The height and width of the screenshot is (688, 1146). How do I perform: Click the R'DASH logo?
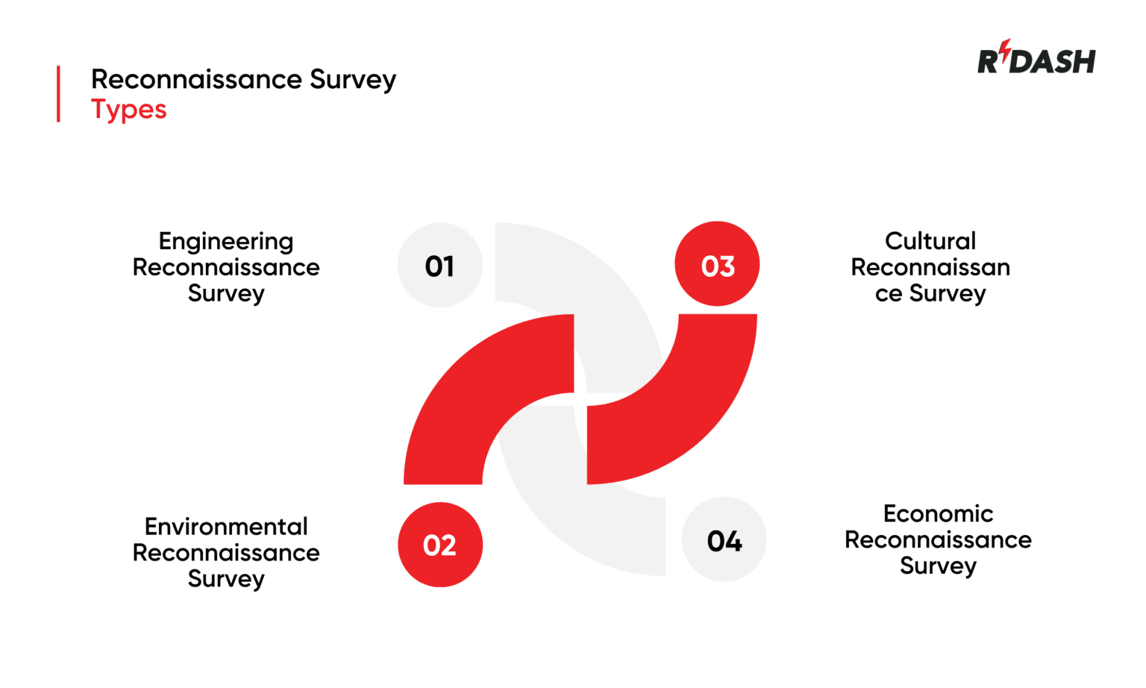pyautogui.click(x=1036, y=59)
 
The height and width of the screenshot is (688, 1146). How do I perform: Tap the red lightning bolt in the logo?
pyautogui.click(x=1005, y=51)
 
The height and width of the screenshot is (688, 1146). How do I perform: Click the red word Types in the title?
pyautogui.click(x=128, y=110)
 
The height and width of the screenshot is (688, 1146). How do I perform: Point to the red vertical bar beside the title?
pyautogui.click(x=58, y=94)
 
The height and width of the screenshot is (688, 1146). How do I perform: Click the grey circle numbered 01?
pyautogui.click(x=440, y=265)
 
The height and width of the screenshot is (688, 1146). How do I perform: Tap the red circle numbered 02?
pyautogui.click(x=440, y=545)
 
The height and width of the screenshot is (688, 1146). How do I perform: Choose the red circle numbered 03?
pyautogui.click(x=717, y=264)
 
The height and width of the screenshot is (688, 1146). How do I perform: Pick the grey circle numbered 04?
pyautogui.click(x=724, y=540)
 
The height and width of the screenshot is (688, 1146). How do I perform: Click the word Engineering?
pyautogui.click(x=226, y=241)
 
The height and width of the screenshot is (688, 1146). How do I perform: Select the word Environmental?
pyautogui.click(x=226, y=527)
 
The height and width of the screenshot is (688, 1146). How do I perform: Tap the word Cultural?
pyautogui.click(x=930, y=241)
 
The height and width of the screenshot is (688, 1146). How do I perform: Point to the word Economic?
pyautogui.click(x=938, y=513)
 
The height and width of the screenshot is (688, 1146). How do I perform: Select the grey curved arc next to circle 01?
pyautogui.click(x=597, y=284)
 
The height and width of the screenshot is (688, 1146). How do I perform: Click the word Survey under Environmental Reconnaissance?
pyautogui.click(x=226, y=579)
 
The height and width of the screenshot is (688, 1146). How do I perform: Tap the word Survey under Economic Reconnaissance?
pyautogui.click(x=938, y=566)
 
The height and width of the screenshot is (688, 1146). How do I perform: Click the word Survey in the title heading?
pyautogui.click(x=353, y=79)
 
